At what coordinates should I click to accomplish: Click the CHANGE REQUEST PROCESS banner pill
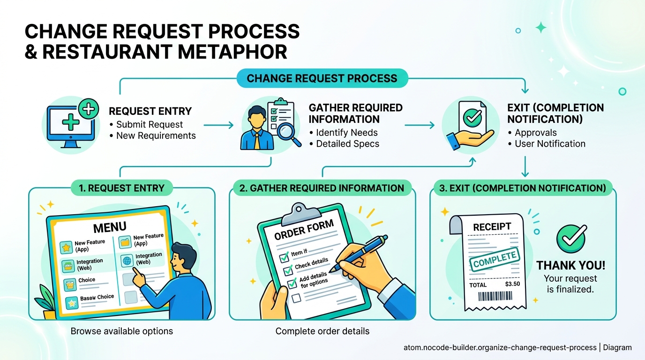(x=322, y=78)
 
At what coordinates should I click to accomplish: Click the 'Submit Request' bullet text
(x=150, y=125)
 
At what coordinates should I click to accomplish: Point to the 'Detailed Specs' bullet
(x=347, y=144)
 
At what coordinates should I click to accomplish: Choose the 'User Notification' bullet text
(x=550, y=144)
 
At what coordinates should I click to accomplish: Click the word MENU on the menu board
(x=110, y=228)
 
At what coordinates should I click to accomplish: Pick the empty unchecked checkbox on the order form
(x=296, y=298)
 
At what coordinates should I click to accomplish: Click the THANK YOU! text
(x=570, y=266)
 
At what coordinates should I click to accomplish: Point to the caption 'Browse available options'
(x=122, y=331)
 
